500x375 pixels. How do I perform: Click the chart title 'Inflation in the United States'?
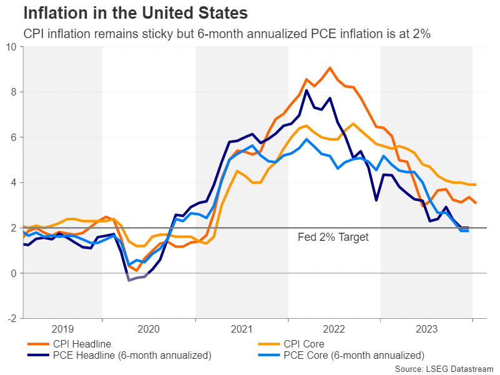coord(135,12)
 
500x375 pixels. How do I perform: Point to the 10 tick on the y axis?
coord(11,47)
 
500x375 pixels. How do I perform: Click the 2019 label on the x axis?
coord(62,329)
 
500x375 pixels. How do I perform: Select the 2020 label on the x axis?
coord(149,329)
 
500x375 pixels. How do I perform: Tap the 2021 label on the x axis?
coord(242,329)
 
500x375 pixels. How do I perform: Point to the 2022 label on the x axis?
coord(334,329)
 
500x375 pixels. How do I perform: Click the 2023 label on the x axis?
coord(426,329)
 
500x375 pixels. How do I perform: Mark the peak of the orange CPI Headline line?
coord(330,67)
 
